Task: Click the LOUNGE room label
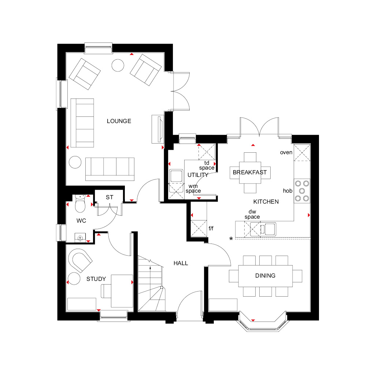(119, 121)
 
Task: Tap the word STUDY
(96, 279)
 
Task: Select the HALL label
(181, 263)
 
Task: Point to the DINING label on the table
(265, 276)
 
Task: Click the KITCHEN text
(266, 202)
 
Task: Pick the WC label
(81, 221)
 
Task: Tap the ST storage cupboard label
(109, 197)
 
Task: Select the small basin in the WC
(80, 237)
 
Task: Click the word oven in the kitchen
(286, 153)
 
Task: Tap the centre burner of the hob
(302, 191)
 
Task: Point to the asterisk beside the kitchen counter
(231, 239)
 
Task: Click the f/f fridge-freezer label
(211, 229)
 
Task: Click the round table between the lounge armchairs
(118, 65)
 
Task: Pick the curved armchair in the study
(80, 260)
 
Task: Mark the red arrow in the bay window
(253, 320)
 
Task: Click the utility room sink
(176, 176)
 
